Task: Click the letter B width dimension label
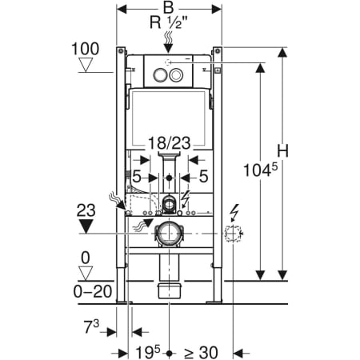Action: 168,8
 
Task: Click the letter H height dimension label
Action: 282,151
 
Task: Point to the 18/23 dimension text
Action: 170,143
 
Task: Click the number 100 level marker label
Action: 86,49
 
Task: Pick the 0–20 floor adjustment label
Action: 93,292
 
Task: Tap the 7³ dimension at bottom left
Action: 91,326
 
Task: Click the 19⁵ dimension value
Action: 148,353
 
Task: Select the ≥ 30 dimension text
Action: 201,353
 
